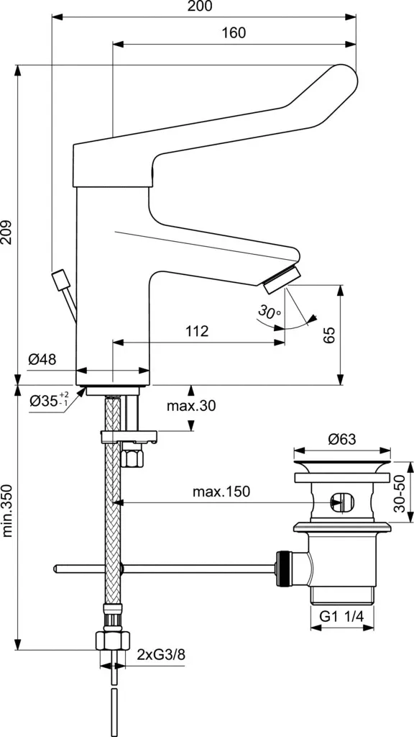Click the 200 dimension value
point(200,6)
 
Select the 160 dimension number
point(234,33)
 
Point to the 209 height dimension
point(7,232)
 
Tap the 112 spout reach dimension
point(197,331)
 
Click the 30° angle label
point(269,311)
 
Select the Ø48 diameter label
point(42,360)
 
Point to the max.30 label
point(191,405)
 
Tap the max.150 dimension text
point(221,492)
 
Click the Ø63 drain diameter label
point(341,439)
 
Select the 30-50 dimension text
point(400,492)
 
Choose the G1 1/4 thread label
point(342,617)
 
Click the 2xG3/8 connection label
point(161,654)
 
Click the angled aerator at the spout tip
point(282,280)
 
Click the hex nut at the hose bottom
point(113,640)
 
